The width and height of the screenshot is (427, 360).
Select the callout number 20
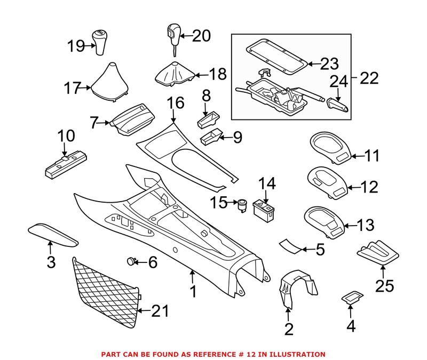click(x=201, y=36)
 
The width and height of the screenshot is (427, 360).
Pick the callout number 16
click(x=175, y=103)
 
